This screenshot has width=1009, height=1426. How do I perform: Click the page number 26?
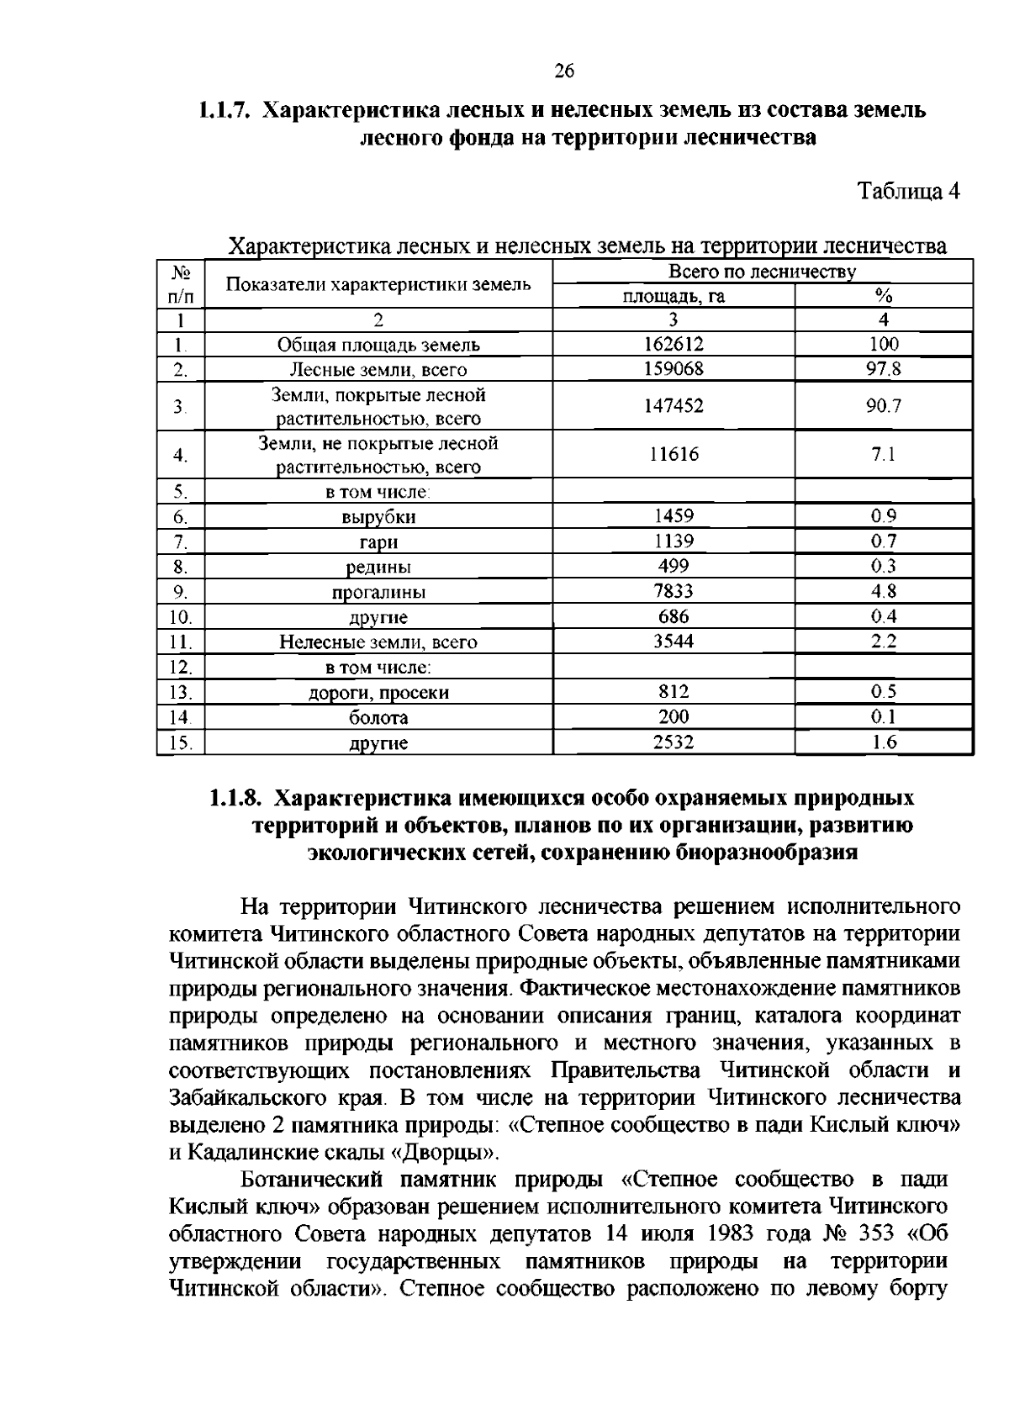tap(563, 71)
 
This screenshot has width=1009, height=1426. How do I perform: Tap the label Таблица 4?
tap(908, 192)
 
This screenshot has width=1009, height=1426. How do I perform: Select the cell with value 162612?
tap(674, 344)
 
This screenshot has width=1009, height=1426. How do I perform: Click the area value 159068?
tap(674, 368)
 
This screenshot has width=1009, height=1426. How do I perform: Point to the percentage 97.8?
tap(884, 368)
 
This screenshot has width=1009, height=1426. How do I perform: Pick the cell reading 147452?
tap(674, 406)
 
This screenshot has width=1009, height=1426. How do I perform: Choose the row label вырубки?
tap(378, 517)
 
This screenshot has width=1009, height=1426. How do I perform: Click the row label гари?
tap(378, 542)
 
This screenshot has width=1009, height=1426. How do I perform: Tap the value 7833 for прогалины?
tap(674, 591)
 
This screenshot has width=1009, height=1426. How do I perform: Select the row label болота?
tap(378, 718)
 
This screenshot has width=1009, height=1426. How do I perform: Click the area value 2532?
tap(674, 742)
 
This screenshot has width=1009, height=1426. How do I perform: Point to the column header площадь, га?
tap(674, 296)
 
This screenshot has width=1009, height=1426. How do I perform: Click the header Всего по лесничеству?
tap(762, 272)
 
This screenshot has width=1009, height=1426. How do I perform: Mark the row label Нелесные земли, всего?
tap(378, 642)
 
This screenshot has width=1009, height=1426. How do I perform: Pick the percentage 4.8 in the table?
tap(884, 591)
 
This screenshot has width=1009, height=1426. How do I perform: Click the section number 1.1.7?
tap(225, 110)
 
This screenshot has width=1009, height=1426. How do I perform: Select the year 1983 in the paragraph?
tap(737, 1234)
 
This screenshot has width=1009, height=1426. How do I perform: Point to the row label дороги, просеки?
tap(378, 693)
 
